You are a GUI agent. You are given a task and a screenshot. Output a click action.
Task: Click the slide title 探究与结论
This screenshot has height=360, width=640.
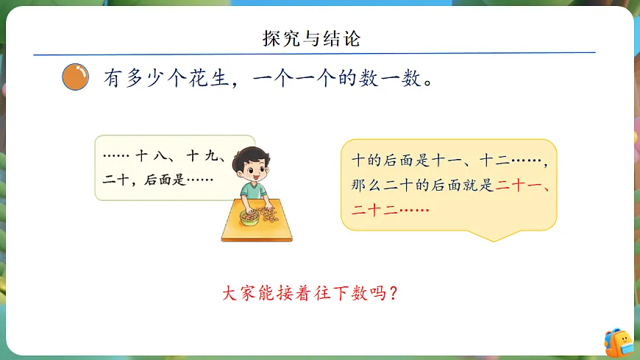coord(312,38)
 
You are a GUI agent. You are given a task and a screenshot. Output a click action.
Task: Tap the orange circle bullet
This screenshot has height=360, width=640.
coord(75,77)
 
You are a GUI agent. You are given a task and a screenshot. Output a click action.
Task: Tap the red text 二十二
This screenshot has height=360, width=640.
coord(375,210)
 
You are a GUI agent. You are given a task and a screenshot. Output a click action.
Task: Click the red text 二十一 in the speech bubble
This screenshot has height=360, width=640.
coord(522,186)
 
